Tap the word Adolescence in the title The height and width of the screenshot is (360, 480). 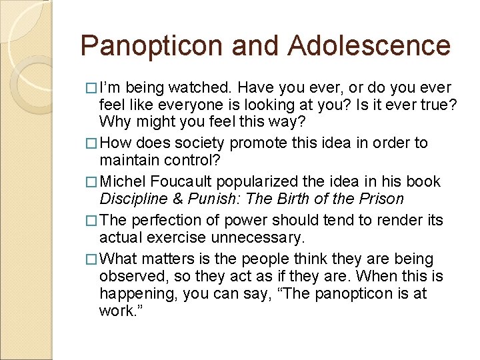(370, 46)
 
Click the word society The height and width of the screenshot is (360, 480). (204, 143)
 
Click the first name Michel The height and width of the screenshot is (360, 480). (127, 181)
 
